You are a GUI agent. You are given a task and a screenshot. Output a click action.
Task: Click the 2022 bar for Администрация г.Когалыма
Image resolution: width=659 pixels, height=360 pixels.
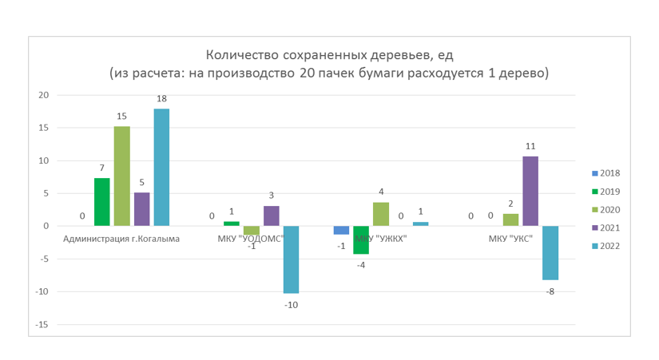tap(161, 168)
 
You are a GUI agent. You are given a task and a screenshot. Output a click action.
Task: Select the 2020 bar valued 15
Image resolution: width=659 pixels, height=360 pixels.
tap(121, 176)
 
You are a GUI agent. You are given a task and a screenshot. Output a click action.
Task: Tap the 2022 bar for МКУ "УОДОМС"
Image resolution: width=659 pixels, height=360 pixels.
tap(291, 259)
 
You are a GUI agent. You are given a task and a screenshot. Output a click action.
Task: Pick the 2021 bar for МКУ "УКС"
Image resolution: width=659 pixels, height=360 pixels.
tap(530, 192)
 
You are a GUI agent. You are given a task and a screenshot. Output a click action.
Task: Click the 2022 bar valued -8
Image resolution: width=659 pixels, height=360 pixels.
tap(550, 253)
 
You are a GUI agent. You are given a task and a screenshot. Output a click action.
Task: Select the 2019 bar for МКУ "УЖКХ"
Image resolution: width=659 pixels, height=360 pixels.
tap(361, 240)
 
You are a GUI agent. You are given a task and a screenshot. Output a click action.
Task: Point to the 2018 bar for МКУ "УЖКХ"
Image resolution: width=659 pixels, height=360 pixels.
tap(341, 230)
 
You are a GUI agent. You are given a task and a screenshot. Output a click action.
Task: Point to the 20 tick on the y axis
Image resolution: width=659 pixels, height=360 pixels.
tap(43, 95)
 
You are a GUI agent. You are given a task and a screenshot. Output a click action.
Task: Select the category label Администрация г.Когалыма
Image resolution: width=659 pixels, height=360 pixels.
tap(121, 239)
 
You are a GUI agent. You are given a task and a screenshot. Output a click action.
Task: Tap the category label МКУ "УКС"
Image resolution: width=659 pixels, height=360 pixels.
tap(510, 239)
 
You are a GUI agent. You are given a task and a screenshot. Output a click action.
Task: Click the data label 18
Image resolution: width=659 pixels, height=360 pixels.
tap(161, 99)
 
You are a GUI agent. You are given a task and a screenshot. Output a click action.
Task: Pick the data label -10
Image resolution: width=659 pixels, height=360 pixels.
tap(291, 305)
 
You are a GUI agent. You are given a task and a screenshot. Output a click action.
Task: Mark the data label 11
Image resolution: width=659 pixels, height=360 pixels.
tap(530, 146)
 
